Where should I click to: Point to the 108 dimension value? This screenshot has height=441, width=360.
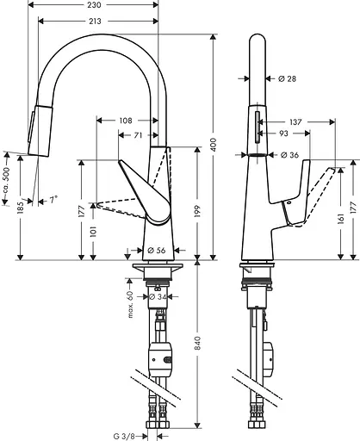[x=127, y=120]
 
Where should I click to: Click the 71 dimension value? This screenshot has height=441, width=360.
[x=138, y=135]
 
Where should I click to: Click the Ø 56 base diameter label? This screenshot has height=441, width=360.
[x=156, y=250]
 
